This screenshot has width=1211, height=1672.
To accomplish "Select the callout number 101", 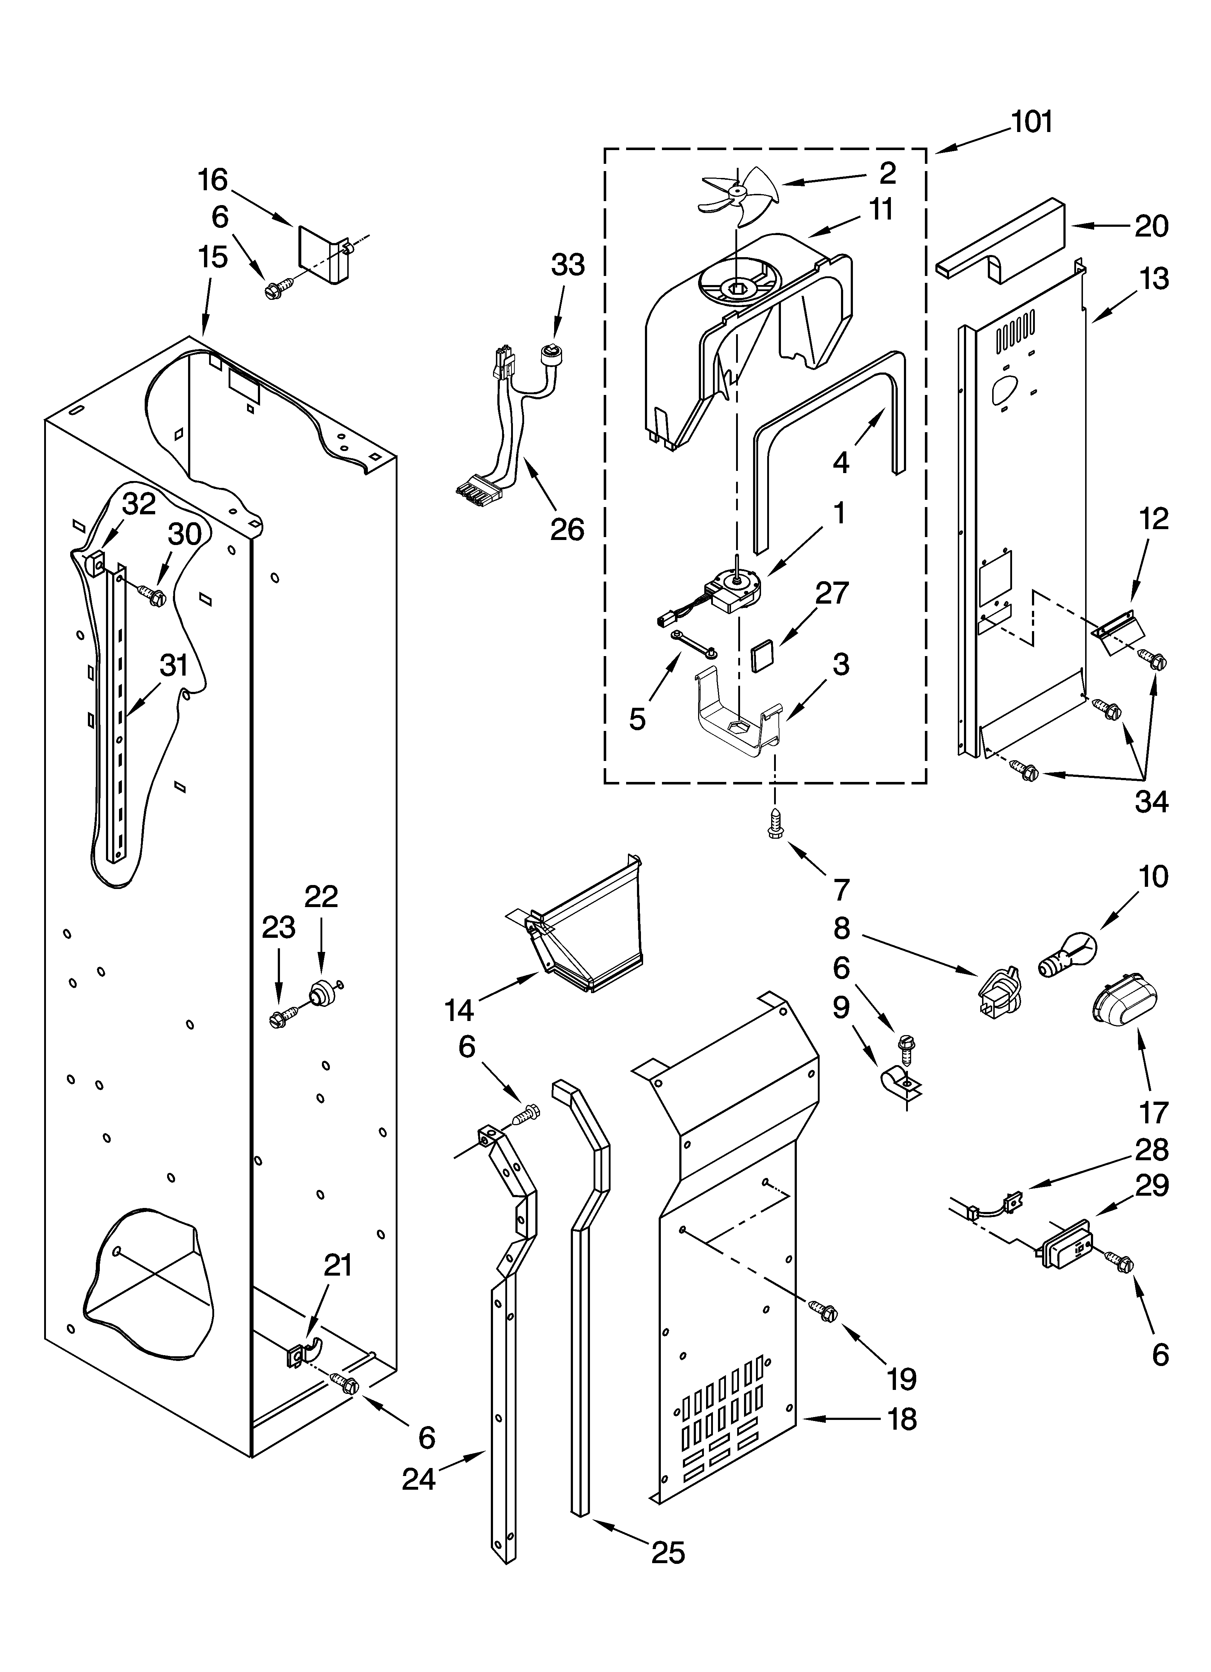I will tap(1031, 122).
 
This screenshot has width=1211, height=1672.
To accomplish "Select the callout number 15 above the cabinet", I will tap(212, 257).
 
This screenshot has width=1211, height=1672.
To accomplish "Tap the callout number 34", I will tap(1151, 801).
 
